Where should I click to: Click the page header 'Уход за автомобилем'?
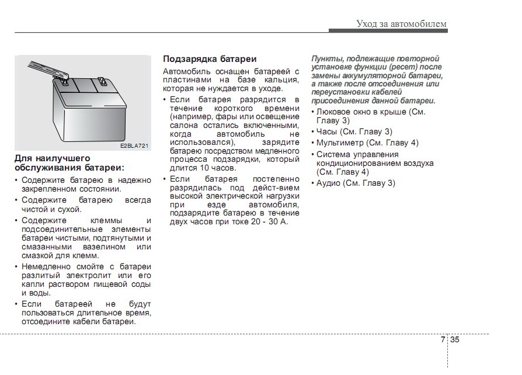[x=401, y=24]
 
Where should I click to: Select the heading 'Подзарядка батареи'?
[x=210, y=59]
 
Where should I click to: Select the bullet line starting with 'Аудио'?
[x=355, y=183]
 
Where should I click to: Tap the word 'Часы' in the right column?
[x=326, y=131]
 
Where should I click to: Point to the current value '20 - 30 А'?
[x=270, y=222]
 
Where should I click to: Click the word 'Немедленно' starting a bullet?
[x=44, y=266]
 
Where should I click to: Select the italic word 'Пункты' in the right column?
[x=326, y=59]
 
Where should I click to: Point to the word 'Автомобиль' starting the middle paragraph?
[x=186, y=71]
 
